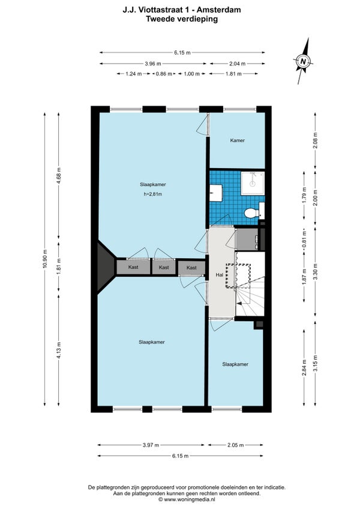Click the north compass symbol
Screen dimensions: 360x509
click(x=303, y=61)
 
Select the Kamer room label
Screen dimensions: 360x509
click(x=237, y=140)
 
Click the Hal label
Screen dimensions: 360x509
click(x=220, y=275)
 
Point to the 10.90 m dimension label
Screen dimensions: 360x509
click(x=44, y=258)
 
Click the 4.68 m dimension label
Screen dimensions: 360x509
click(x=58, y=176)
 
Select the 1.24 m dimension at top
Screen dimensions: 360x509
click(x=133, y=74)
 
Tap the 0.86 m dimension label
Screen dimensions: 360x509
click(x=164, y=74)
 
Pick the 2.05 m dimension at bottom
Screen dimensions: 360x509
click(x=235, y=445)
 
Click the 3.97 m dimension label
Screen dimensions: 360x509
click(x=151, y=445)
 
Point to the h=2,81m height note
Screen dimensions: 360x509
click(x=153, y=194)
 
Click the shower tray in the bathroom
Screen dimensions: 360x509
click(x=253, y=184)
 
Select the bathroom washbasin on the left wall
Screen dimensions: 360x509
click(x=215, y=193)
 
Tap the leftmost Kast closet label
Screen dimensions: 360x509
click(x=133, y=267)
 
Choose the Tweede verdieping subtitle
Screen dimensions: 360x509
click(x=182, y=19)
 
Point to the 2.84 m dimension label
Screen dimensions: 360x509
click(x=304, y=367)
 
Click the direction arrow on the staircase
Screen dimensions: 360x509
click(x=241, y=304)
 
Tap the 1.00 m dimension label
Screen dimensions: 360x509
click(x=191, y=74)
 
